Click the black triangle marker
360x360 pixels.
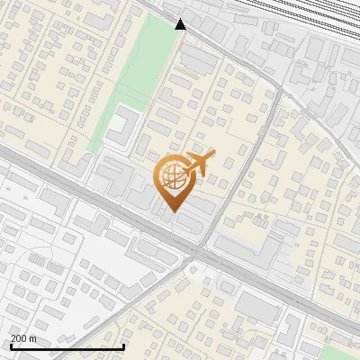pyautogui.click(x=181, y=24)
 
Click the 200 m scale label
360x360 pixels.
pyautogui.click(x=23, y=338)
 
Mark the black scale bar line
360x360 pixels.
pyautogui.click(x=67, y=346)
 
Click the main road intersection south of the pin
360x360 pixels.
pyautogui.click(x=200, y=251)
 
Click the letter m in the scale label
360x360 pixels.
pyautogui.click(x=33, y=338)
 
